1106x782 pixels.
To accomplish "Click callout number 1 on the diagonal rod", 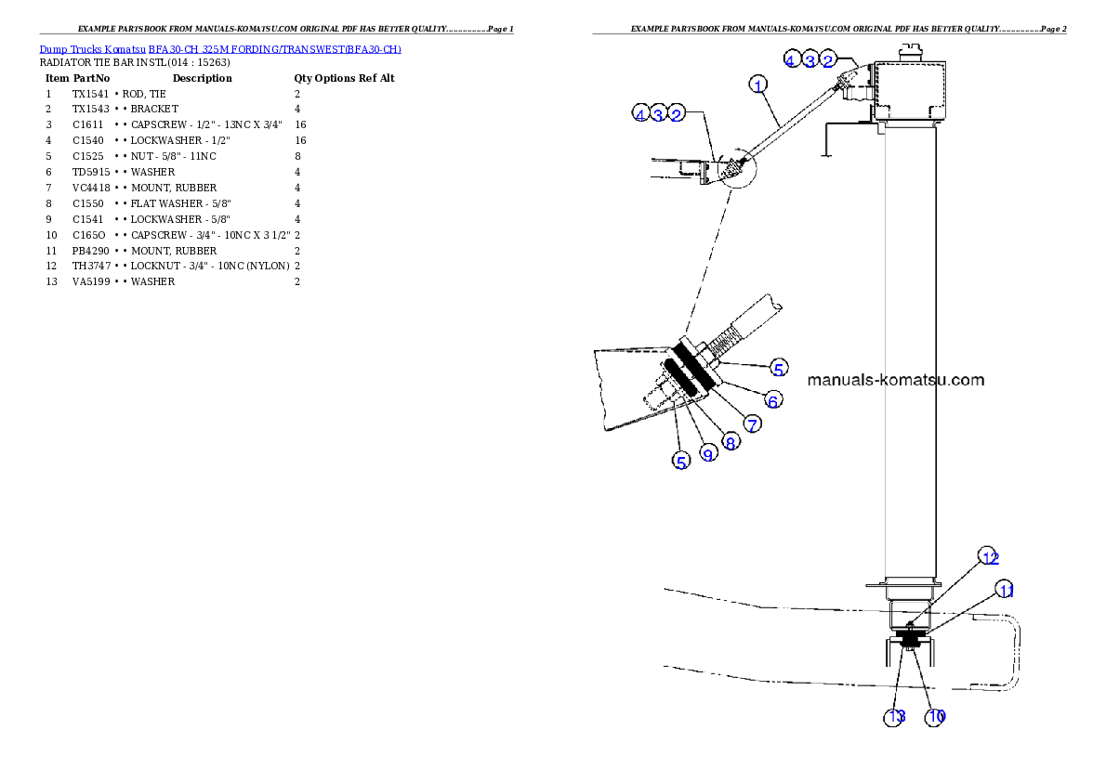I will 759,85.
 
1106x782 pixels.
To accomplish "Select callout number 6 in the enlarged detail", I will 772,400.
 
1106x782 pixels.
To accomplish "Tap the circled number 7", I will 752,424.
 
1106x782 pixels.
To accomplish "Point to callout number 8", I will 731,443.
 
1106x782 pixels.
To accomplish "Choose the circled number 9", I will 708,454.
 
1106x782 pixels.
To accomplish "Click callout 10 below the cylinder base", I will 936,717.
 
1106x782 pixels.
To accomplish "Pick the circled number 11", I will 1005,590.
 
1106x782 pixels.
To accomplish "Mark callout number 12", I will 990,557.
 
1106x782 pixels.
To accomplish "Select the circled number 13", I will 895,717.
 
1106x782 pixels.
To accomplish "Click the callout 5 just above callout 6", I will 779,368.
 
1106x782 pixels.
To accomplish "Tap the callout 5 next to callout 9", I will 682,461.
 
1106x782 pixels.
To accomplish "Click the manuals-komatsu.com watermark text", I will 896,380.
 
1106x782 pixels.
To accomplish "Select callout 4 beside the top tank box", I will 790,61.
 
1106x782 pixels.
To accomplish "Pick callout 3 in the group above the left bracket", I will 658,114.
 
